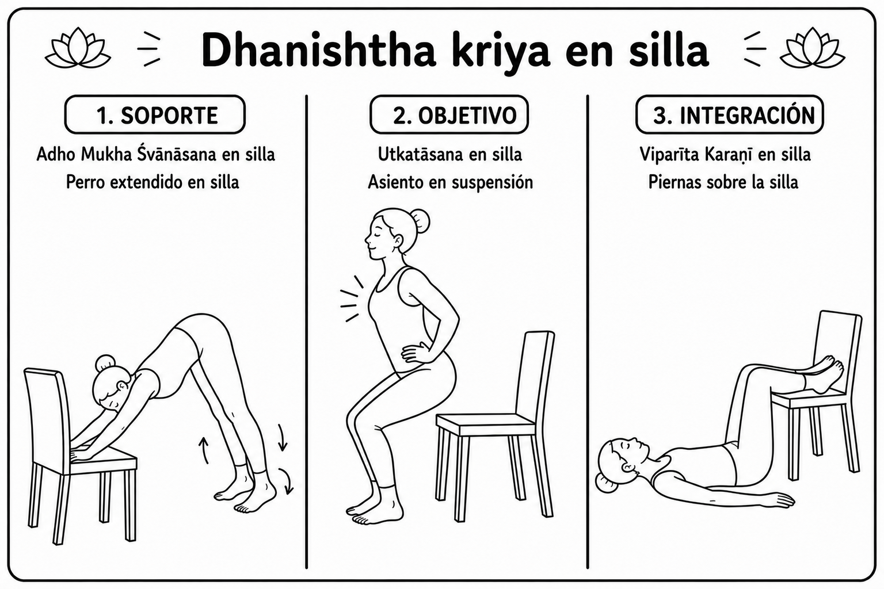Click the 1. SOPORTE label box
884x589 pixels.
[x=155, y=114]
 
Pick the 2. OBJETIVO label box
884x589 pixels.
[x=449, y=114]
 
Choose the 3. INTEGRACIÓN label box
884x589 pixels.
[x=729, y=114]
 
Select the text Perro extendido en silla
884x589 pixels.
[x=153, y=182]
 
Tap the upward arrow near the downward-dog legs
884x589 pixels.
[x=204, y=450]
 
